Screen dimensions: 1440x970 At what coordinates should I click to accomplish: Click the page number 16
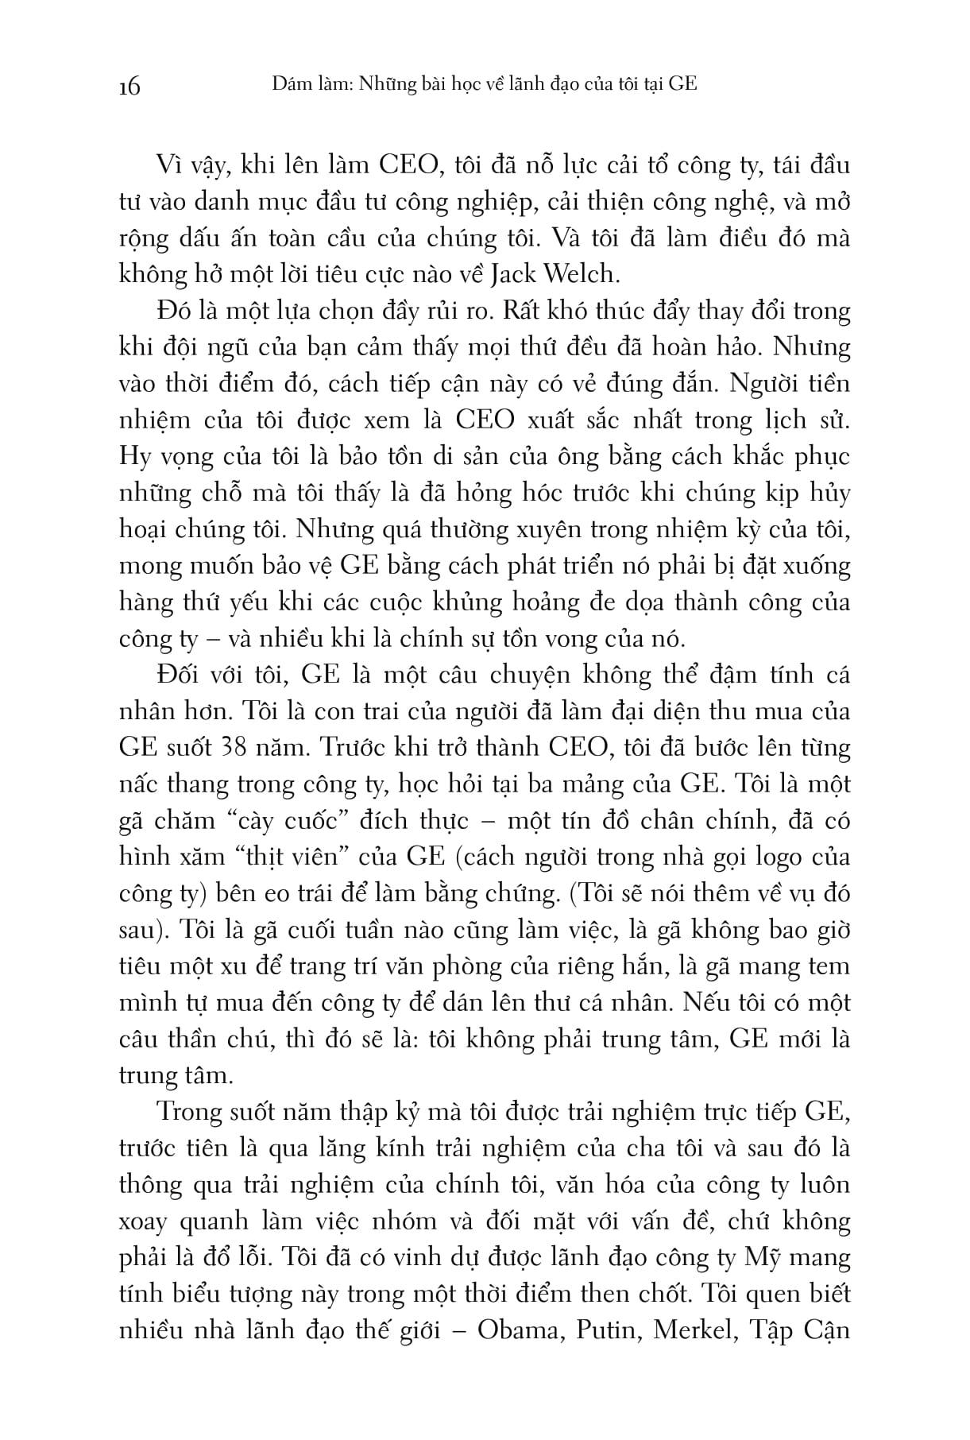point(128,85)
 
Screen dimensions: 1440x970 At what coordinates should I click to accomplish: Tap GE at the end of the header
point(682,83)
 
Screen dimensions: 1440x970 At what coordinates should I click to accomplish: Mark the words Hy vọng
point(162,457)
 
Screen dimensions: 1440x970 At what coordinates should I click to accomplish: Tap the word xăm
point(208,857)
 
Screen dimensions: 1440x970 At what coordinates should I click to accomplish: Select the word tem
point(831,967)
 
